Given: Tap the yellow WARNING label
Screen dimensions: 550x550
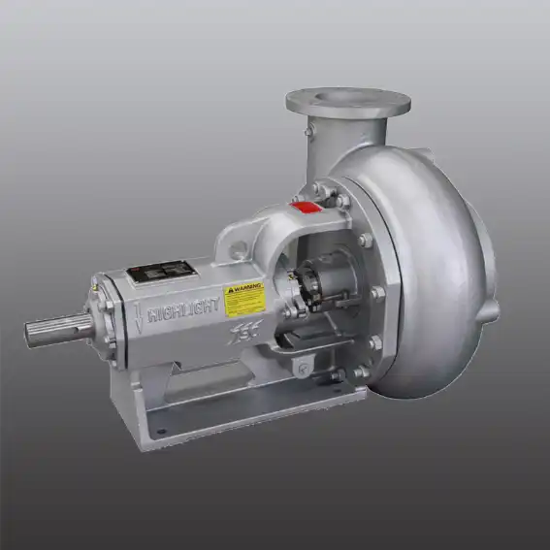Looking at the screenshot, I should point(243,300).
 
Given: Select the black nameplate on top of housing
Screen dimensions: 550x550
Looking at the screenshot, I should point(157,273).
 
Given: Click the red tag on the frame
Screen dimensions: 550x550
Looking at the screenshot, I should point(307,206).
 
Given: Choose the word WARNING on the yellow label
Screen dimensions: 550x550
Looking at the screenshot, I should point(243,289).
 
